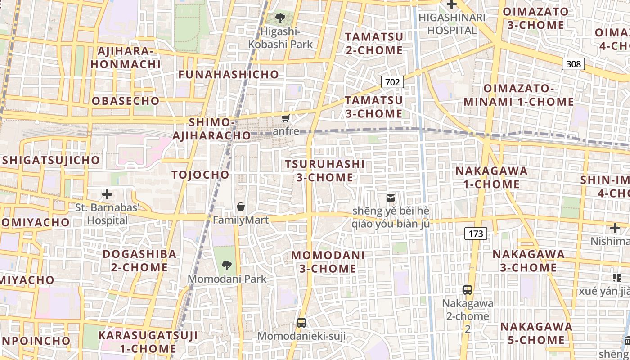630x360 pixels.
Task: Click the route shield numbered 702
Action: click(x=392, y=82)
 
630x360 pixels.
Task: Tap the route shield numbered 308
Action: click(x=573, y=64)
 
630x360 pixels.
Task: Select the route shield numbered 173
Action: click(x=476, y=233)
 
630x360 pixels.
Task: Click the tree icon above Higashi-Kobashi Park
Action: click(x=281, y=18)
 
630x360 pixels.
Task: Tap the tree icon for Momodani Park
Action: click(x=227, y=265)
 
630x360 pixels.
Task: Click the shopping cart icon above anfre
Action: click(x=285, y=118)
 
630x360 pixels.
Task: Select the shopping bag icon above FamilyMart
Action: click(x=241, y=207)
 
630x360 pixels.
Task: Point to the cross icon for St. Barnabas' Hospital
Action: click(x=107, y=194)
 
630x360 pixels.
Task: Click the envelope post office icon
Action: click(x=390, y=198)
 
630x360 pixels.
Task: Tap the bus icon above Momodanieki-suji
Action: click(x=301, y=322)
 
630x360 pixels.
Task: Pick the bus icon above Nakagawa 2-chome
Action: click(x=468, y=289)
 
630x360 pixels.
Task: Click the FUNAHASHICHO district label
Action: click(x=229, y=75)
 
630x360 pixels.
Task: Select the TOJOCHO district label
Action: click(x=201, y=175)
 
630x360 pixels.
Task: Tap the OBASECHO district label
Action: click(x=126, y=101)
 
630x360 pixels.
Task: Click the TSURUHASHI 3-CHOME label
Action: click(x=325, y=171)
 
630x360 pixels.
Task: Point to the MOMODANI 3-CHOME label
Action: click(x=328, y=262)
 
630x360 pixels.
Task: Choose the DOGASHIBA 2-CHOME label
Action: click(x=139, y=261)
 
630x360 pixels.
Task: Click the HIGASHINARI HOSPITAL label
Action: click(x=452, y=24)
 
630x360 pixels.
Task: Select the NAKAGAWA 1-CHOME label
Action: click(x=491, y=177)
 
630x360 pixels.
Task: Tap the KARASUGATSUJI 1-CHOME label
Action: click(x=148, y=342)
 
